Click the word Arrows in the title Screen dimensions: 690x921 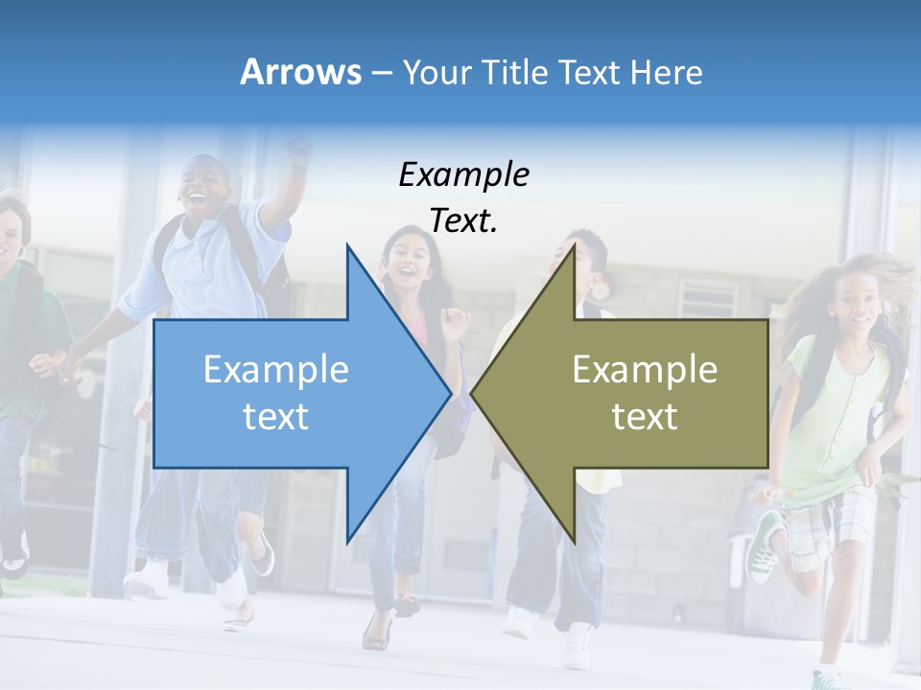pos(300,72)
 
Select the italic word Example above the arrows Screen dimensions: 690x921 pos(463,174)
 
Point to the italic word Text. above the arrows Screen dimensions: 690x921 pos(463,221)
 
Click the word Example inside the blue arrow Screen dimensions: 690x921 pos(275,369)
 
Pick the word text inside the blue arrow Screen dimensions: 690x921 pos(275,416)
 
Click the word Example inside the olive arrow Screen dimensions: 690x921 pos(645,369)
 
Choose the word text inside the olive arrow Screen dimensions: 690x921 pos(645,416)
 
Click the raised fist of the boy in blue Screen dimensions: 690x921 pos(298,149)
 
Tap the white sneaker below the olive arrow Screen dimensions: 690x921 pos(578,646)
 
